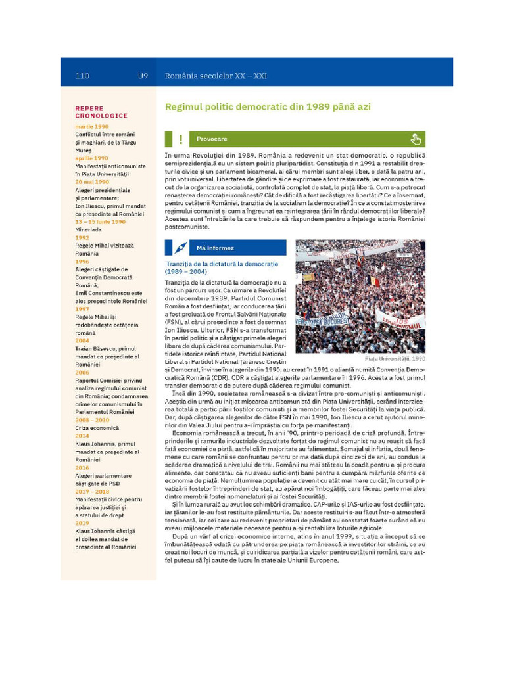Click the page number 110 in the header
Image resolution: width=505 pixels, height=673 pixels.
pos(82,76)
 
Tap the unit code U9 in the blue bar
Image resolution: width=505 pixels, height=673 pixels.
pos(143,76)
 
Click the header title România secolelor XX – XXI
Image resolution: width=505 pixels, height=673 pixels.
pos(216,76)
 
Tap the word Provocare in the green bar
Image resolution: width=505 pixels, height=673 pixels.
pos(212,139)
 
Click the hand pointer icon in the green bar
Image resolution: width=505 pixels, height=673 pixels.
pos(415,139)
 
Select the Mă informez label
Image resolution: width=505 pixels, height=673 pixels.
pos(215,248)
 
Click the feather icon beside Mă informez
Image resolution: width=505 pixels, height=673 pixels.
pos(181,248)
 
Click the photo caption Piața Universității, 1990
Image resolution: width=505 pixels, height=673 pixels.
pos(395,359)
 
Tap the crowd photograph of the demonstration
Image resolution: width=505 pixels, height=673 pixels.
pos(360,296)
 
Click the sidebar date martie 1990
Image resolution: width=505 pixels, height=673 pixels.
pos(92,126)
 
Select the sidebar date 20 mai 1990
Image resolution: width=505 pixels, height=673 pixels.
pos(92,182)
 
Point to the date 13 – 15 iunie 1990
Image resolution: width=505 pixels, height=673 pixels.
pos(100,221)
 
